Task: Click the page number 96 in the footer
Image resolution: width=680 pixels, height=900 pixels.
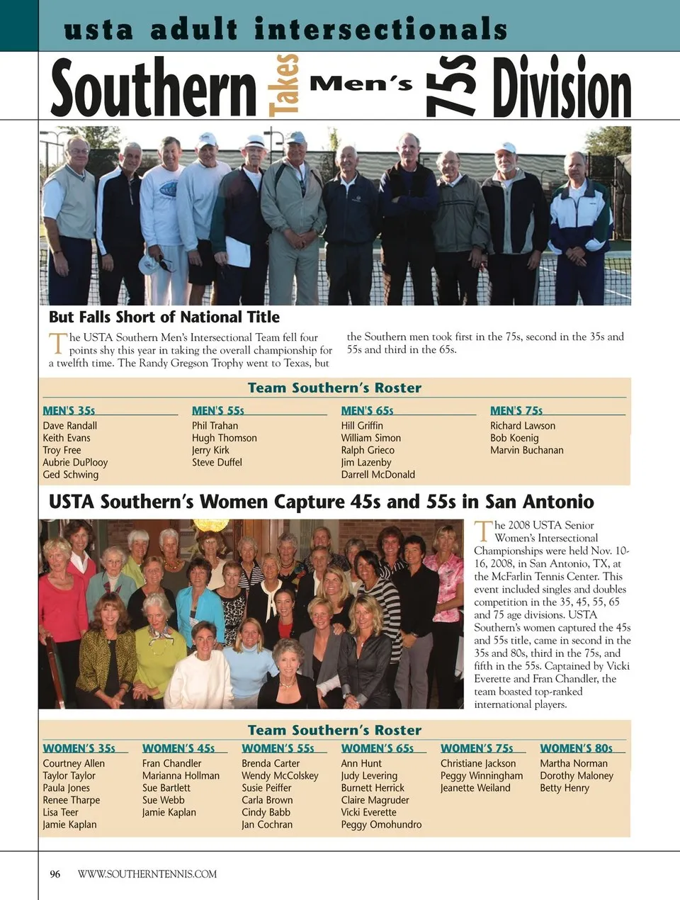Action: [x=55, y=874]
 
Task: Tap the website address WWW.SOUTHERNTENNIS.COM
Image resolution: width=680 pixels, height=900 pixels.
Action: [x=147, y=874]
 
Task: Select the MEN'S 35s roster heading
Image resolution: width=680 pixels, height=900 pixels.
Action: [x=69, y=410]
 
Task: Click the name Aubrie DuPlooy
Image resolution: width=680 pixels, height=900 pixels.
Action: [x=75, y=462]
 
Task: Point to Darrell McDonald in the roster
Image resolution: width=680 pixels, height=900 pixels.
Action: [x=378, y=474]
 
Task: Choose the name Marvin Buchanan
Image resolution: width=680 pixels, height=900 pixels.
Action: [x=526, y=450]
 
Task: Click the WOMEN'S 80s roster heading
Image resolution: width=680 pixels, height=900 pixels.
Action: [x=576, y=748]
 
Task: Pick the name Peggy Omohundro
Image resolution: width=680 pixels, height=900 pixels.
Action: [x=381, y=824]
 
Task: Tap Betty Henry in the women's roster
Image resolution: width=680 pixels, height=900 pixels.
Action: [x=564, y=787]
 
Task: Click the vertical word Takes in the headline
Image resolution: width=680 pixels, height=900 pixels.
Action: [x=283, y=85]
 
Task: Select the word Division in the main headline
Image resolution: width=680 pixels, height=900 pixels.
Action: [x=561, y=89]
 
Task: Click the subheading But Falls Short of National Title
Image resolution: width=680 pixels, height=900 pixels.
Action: [x=164, y=317]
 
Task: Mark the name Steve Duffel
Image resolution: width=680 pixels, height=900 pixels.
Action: [x=217, y=462]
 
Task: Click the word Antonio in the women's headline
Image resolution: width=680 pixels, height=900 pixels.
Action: [x=557, y=502]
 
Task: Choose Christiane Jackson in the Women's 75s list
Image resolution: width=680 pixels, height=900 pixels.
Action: [x=478, y=763]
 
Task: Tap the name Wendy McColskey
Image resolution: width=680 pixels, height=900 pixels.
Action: [x=280, y=775]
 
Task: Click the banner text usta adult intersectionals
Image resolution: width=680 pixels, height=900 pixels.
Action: [x=285, y=29]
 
